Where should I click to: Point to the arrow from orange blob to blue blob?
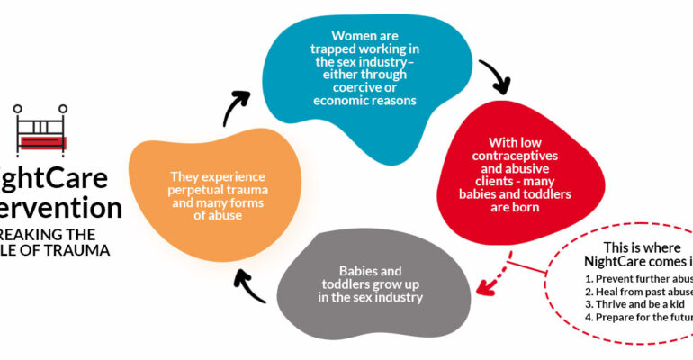[237, 106]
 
